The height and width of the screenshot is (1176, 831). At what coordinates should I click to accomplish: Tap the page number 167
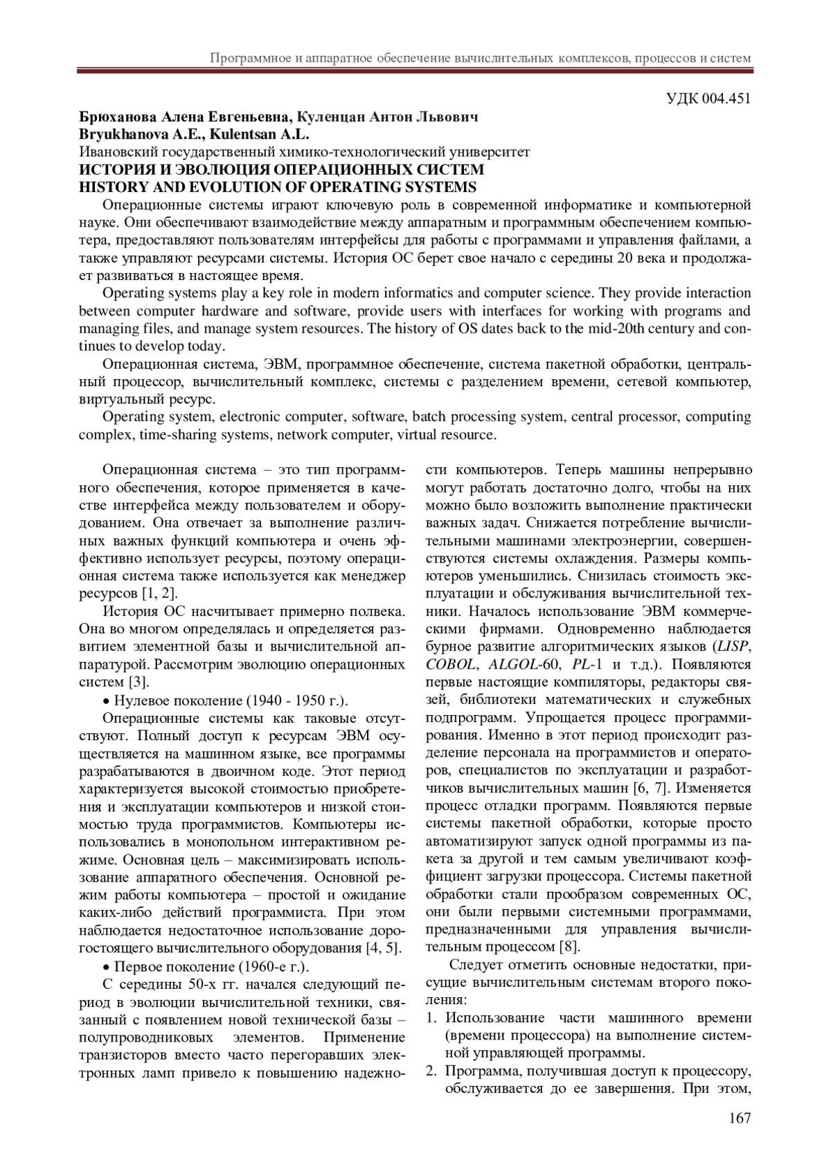(740, 1117)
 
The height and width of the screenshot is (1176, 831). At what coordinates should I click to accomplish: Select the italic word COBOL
(450, 665)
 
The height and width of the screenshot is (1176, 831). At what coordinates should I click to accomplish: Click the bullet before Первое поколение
(106, 967)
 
